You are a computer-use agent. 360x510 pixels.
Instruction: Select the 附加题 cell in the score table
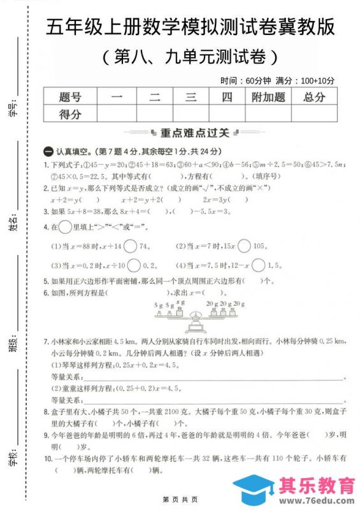pyautogui.click(x=268, y=97)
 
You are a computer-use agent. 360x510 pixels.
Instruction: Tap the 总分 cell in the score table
pyautogui.click(x=313, y=97)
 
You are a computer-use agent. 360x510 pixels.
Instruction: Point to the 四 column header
pyautogui.click(x=227, y=97)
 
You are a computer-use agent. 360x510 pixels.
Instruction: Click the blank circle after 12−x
pyautogui.click(x=258, y=265)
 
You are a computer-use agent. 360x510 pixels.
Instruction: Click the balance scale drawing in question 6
pyautogui.click(x=198, y=313)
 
